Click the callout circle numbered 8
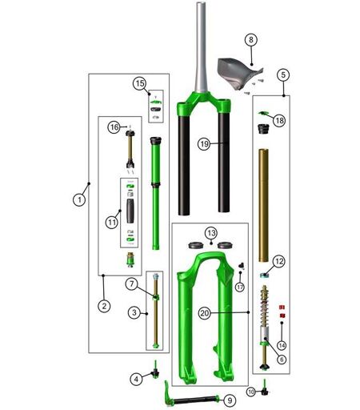coord(251,40)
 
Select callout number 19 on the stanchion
coord(204,144)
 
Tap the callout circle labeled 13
coord(211,233)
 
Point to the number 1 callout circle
coord(79,199)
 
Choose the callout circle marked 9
coord(230,400)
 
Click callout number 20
coord(205,313)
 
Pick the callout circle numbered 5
coord(283,74)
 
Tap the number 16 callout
coord(114,127)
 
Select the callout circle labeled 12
coord(279,261)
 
